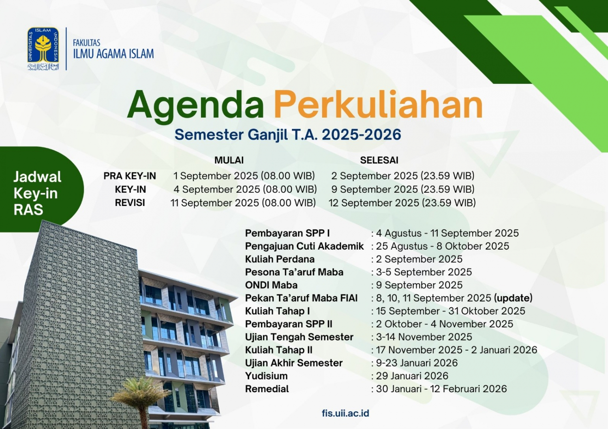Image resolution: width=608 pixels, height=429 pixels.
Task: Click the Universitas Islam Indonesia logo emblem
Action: (43, 48)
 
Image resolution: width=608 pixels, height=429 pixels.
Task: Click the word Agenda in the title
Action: (195, 105)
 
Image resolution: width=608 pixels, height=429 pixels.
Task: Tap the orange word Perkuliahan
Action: (378, 105)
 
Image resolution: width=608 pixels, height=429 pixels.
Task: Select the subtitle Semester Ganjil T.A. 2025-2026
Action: (288, 135)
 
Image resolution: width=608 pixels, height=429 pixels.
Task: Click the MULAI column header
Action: (229, 160)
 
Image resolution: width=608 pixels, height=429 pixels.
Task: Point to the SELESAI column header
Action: (379, 160)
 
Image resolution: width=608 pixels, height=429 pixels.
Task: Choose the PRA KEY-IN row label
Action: (130, 176)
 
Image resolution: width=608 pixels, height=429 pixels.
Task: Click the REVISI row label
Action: (130, 203)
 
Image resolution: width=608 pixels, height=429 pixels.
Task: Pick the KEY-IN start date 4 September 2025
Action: (245, 189)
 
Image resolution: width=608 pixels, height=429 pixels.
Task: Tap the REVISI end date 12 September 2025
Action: (402, 203)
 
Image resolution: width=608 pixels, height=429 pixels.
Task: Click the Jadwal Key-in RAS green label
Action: (37, 193)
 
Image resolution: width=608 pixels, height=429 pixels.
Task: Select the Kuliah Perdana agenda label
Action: (280, 259)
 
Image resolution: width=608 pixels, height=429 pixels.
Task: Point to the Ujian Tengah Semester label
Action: (299, 337)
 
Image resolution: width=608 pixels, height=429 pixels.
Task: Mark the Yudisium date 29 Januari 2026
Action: (412, 376)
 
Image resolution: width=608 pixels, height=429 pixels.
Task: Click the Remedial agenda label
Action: (267, 389)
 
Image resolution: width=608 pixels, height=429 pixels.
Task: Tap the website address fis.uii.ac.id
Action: (345, 413)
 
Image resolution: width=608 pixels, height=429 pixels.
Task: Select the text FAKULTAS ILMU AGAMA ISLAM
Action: (113, 49)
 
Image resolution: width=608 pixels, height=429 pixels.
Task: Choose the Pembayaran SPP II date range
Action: (444, 324)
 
